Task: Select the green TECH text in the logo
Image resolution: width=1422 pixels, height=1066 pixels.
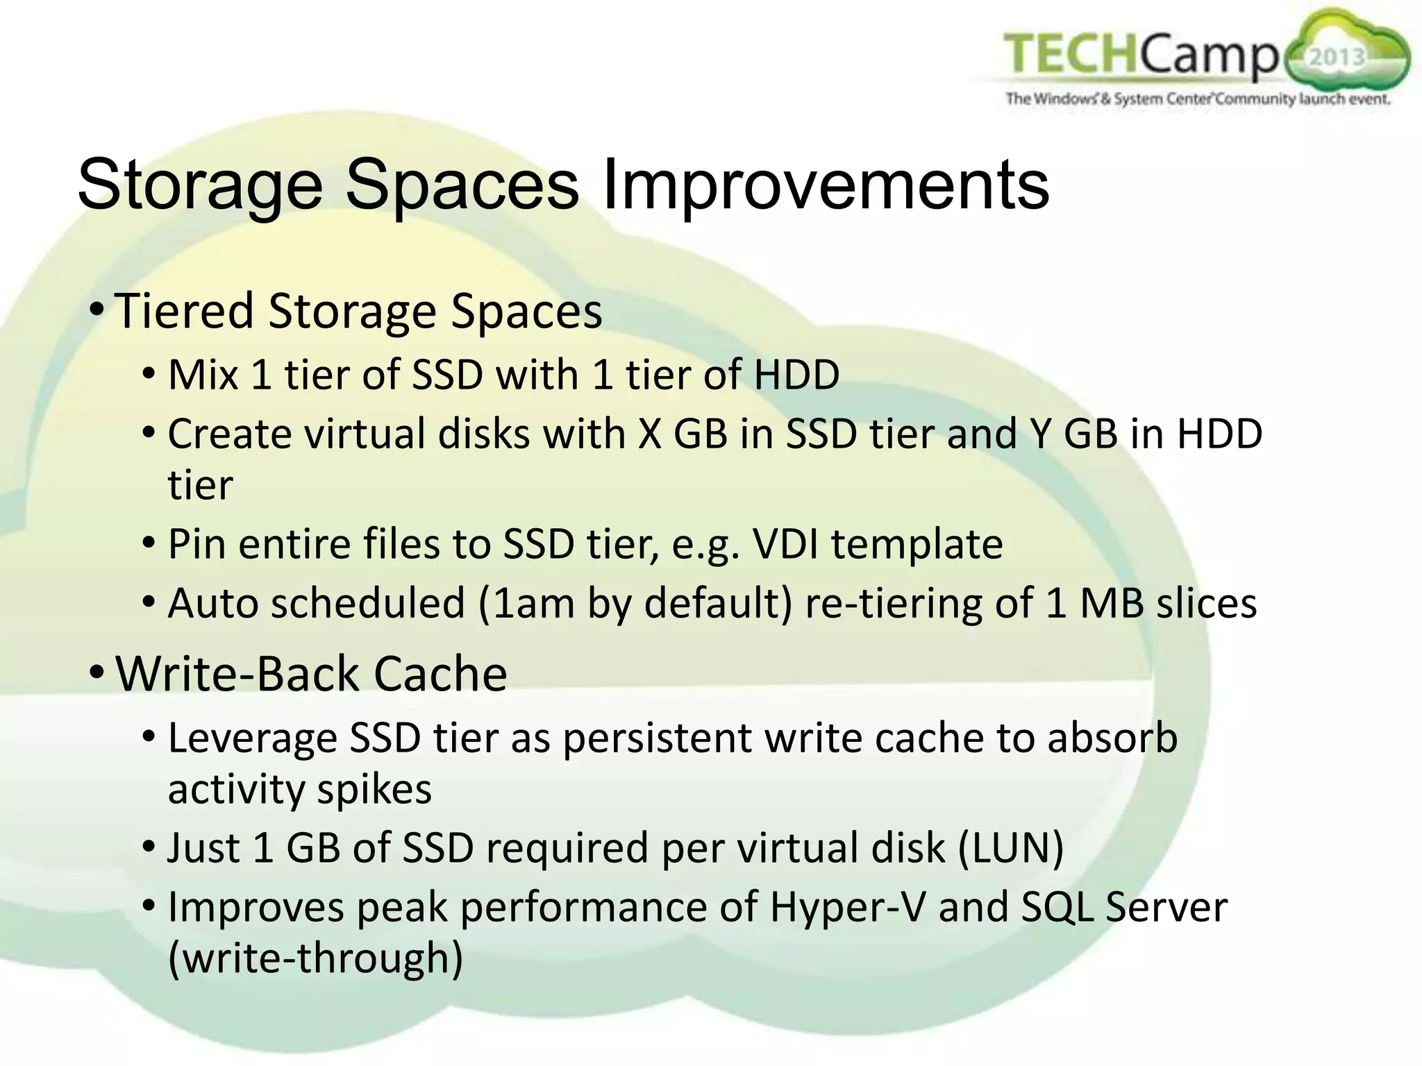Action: (1070, 53)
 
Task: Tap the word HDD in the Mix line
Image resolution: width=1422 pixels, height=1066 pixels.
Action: (796, 375)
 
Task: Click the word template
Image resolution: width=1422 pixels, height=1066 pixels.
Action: (917, 545)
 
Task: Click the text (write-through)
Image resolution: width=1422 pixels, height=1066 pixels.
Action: (315, 958)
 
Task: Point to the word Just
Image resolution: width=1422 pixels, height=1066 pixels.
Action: (203, 848)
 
